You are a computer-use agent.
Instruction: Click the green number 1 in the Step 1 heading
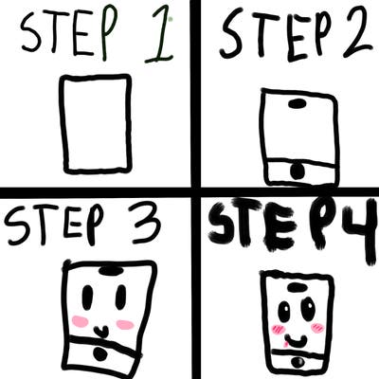(158, 36)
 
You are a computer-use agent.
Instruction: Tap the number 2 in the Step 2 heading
(356, 33)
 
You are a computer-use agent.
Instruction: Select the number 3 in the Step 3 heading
(146, 225)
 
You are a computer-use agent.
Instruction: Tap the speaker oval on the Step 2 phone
(298, 103)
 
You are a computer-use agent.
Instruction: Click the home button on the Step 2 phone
(298, 171)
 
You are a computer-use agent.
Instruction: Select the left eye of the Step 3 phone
(87, 298)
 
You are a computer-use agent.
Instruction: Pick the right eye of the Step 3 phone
(120, 297)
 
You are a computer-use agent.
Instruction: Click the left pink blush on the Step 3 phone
(81, 321)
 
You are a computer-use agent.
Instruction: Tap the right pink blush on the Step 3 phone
(125, 324)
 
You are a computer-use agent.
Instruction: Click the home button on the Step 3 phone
(100, 354)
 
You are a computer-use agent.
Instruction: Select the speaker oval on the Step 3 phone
(109, 271)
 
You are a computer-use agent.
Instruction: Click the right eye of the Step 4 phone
(308, 307)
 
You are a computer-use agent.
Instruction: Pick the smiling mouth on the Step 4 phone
(296, 342)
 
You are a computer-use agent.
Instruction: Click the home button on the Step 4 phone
(298, 363)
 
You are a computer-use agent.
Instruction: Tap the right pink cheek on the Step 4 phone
(317, 328)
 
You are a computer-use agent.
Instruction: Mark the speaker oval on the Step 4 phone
(297, 287)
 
